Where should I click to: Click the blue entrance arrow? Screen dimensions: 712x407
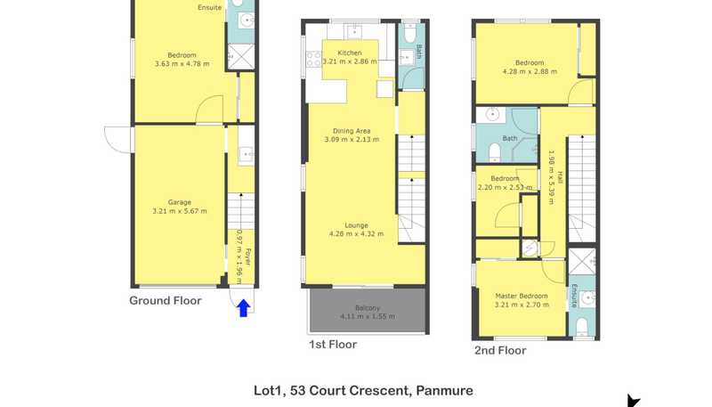click(x=243, y=308)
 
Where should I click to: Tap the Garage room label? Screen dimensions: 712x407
click(x=180, y=202)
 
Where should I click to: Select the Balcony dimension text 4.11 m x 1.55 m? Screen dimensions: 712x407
click(x=368, y=316)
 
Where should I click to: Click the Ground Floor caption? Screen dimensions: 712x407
click(x=166, y=301)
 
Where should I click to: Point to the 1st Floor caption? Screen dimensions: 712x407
click(x=333, y=345)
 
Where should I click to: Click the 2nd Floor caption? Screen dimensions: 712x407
click(x=500, y=350)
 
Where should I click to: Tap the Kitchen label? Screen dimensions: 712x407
click(x=350, y=53)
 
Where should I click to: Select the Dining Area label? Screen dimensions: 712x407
click(x=352, y=131)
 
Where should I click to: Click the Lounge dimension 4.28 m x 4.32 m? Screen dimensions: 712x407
click(x=357, y=234)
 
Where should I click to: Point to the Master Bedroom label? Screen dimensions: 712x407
click(x=522, y=296)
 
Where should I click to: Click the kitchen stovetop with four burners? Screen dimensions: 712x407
click(x=313, y=60)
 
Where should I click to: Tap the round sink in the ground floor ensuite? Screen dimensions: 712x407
click(x=247, y=20)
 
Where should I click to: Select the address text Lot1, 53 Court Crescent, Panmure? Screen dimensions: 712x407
click(x=363, y=391)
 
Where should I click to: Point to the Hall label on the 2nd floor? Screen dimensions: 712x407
click(x=561, y=177)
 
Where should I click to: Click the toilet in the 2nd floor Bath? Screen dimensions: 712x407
click(x=495, y=152)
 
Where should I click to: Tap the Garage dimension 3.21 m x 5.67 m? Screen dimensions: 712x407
click(x=180, y=211)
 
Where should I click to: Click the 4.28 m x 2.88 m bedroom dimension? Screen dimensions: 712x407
click(x=530, y=71)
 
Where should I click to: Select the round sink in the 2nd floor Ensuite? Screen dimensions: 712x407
click(x=588, y=298)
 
